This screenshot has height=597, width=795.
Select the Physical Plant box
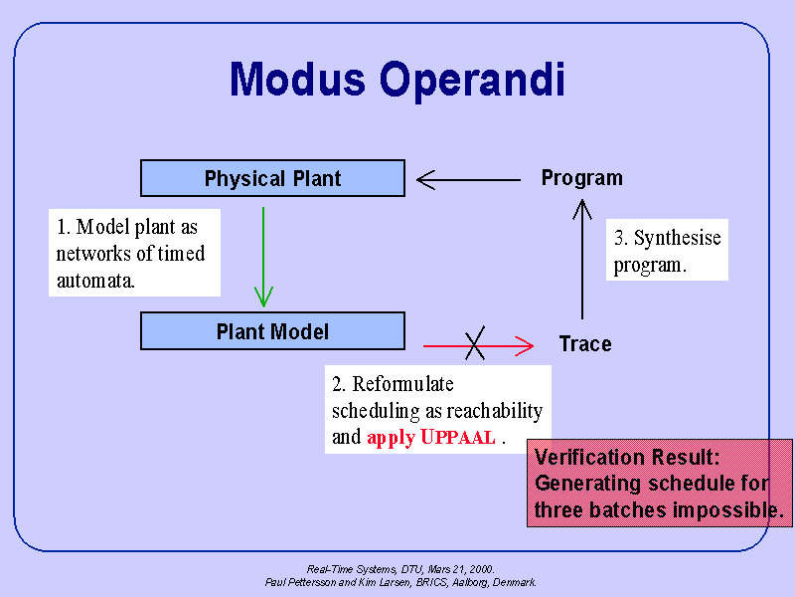coord(272,179)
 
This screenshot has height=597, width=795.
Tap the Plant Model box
coord(272,331)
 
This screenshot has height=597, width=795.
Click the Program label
coord(581,178)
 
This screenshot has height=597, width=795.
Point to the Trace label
coord(584,344)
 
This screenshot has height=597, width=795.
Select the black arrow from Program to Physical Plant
coord(467,180)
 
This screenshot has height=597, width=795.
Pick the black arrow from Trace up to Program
coord(582,259)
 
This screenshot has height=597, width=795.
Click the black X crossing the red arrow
coord(476,345)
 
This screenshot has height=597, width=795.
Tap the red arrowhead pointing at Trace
coord(524,346)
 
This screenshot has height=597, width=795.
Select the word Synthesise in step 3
coord(677,238)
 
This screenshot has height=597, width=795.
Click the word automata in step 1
coord(95,281)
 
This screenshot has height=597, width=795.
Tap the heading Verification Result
coord(627,458)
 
